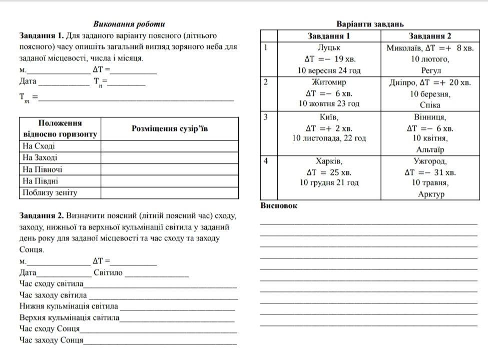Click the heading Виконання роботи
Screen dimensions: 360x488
point(129,24)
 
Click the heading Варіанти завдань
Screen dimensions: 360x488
point(370,24)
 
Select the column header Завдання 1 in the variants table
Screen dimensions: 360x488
point(329,36)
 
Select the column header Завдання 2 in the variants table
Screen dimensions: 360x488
point(430,36)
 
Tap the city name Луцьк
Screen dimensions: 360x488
point(329,47)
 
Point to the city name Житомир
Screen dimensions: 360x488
point(329,82)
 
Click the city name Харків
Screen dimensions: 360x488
point(329,161)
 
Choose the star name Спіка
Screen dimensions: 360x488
point(430,105)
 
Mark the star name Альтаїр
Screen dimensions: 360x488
point(430,149)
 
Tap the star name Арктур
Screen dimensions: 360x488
point(430,194)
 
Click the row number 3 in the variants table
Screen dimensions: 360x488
point(266,117)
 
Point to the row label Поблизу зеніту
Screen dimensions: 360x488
point(49,192)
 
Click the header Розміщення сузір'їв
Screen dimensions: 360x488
point(169,128)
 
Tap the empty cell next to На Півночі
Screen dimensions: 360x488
point(169,169)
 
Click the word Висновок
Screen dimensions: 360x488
point(279,205)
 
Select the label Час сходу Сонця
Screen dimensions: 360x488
point(50,329)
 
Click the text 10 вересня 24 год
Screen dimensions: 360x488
point(329,70)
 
